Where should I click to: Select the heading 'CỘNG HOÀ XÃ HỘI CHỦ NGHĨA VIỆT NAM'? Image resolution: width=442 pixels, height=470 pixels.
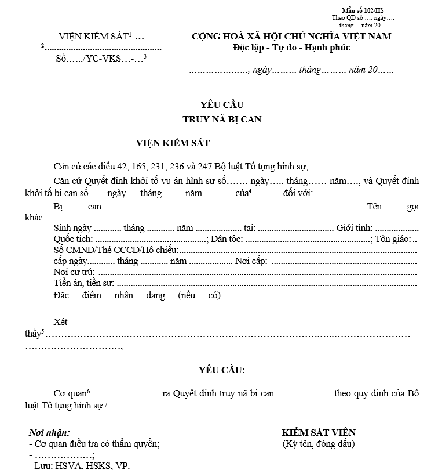pos(291,37)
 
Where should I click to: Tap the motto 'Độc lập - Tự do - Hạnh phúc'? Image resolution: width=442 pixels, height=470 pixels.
pos(289,47)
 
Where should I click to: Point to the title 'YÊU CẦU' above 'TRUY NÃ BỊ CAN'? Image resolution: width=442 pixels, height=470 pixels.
pos(222,105)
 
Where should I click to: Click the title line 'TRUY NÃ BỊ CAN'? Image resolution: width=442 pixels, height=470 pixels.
pos(222,120)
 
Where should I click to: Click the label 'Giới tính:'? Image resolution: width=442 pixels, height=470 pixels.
pos(355,228)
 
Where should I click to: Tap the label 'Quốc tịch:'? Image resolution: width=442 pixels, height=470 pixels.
pos(72,239)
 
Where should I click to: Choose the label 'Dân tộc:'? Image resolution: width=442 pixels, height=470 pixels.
pos(227,239)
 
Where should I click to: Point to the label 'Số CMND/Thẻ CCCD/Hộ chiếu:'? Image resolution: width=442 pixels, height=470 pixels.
pos(115,250)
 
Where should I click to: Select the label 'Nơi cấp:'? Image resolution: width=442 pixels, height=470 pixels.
pos(251,261)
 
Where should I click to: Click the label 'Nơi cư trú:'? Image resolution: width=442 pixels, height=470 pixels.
pos(74,272)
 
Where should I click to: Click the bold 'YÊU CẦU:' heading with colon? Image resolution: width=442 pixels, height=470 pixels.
pos(222,370)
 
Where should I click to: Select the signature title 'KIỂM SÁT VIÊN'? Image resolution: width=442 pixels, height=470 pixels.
pos(318,432)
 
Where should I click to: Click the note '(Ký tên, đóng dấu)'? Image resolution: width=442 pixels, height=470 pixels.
pos(318,444)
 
